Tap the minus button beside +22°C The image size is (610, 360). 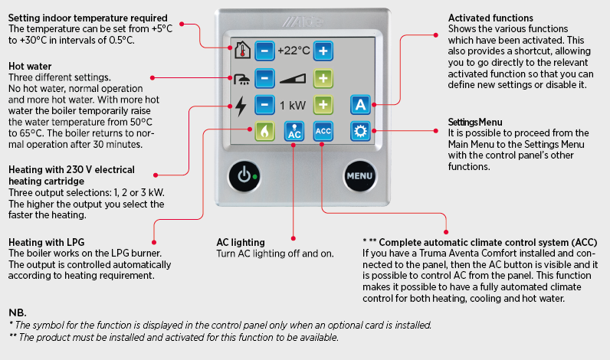click(264, 51)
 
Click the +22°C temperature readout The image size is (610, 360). click(294, 51)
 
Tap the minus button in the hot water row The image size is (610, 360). click(264, 78)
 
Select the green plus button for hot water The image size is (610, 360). click(323, 78)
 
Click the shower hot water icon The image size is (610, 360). click(241, 78)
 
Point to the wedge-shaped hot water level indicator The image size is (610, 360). click(294, 78)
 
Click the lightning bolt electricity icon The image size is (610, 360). click(241, 105)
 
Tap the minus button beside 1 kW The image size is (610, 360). click(264, 105)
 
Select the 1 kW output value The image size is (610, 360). click(294, 105)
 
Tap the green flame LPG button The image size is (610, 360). click(264, 131)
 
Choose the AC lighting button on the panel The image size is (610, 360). click(294, 131)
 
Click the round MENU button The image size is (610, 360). click(359, 177)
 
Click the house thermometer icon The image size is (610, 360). click(241, 51)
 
